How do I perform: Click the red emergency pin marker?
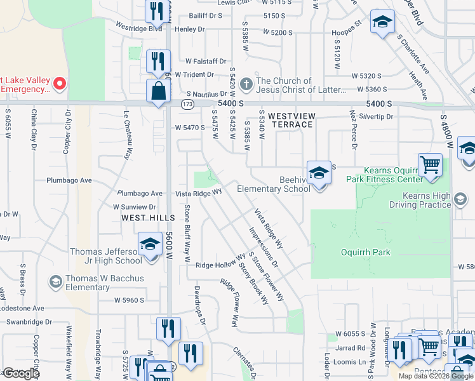tap(59, 83)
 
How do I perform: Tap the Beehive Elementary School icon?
tap(318, 172)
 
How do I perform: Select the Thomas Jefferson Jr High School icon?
tap(150, 244)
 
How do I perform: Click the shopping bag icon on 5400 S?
tap(158, 91)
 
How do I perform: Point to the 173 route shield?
tap(187, 103)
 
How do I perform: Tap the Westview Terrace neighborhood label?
tap(291, 120)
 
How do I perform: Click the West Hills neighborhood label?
tap(147, 218)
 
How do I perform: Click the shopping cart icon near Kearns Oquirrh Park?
tap(430, 164)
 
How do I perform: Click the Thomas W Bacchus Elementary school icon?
tap(55, 281)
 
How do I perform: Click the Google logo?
tap(21, 373)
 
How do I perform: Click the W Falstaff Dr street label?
tap(206, 62)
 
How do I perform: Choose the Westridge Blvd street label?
tap(138, 27)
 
